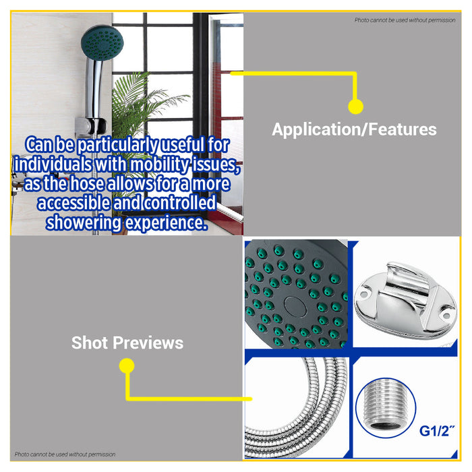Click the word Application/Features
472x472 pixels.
354,129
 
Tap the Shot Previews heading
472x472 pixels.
127,343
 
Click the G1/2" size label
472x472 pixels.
437,431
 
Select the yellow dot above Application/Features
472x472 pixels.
355,107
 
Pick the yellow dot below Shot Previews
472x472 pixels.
127,365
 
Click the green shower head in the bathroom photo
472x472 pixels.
102,43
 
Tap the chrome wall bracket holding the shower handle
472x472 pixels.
90,126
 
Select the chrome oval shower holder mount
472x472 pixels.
405,301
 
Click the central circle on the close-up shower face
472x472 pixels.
295,307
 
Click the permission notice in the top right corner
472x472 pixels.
405,20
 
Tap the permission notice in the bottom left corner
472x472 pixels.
65,454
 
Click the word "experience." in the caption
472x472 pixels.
167,223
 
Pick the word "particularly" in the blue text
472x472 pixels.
117,145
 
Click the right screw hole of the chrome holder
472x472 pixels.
446,316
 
